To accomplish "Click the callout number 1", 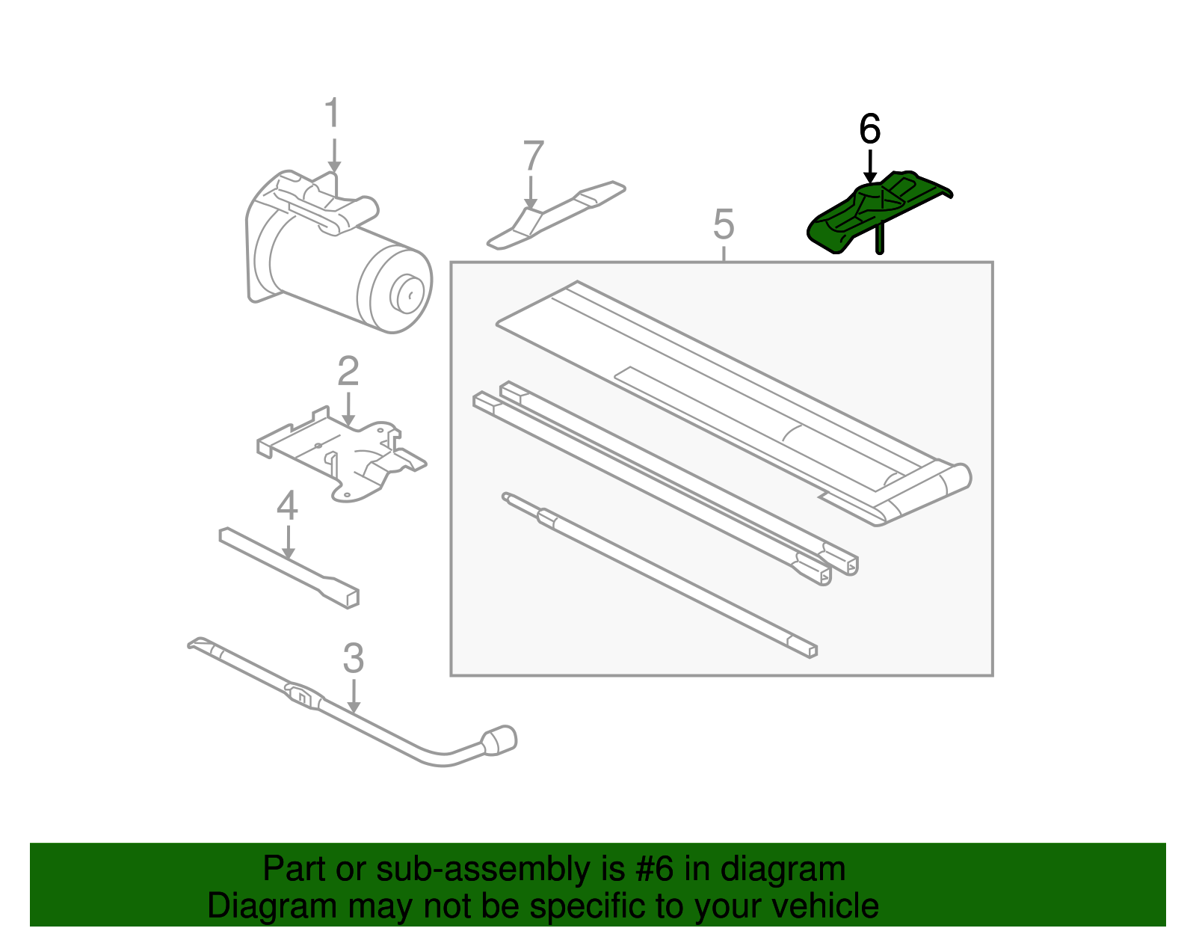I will pyautogui.click(x=333, y=114).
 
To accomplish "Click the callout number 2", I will pyautogui.click(x=348, y=372).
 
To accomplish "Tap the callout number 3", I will pyautogui.click(x=354, y=659).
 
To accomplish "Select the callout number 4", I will pyautogui.click(x=287, y=506).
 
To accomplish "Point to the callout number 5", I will pyautogui.click(x=724, y=224).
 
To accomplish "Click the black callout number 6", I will pyautogui.click(x=869, y=129).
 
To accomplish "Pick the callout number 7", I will pyautogui.click(x=532, y=157).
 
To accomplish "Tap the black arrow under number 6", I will pyautogui.click(x=869, y=166).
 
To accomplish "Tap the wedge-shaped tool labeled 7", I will pyautogui.click(x=553, y=215).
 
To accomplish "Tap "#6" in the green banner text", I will pyautogui.click(x=655, y=870).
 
